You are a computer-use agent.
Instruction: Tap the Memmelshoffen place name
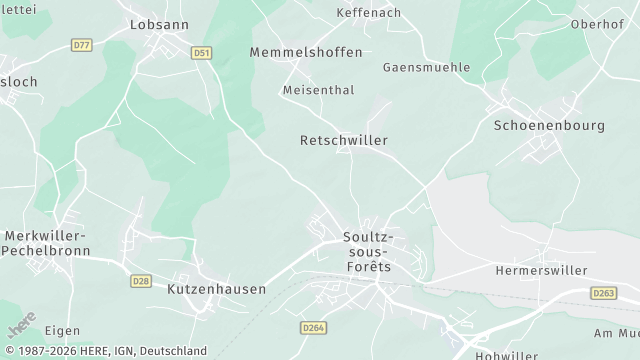pos(306,51)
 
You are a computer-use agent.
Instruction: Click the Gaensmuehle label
pos(426,67)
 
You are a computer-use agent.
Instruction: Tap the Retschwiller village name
pos(343,141)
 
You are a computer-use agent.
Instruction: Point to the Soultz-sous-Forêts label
pos(368,252)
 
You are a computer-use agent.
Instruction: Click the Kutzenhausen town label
pos(217,288)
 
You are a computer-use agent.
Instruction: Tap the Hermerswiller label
pos(541,270)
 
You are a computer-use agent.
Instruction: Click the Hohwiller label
pos(507,354)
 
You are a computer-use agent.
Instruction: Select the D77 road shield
pos(82,45)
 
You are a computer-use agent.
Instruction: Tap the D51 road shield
pos(202,52)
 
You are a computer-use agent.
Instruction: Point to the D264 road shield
pos(313,327)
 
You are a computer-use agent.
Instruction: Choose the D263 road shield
pos(603,293)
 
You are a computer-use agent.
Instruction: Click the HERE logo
pos(22,325)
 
